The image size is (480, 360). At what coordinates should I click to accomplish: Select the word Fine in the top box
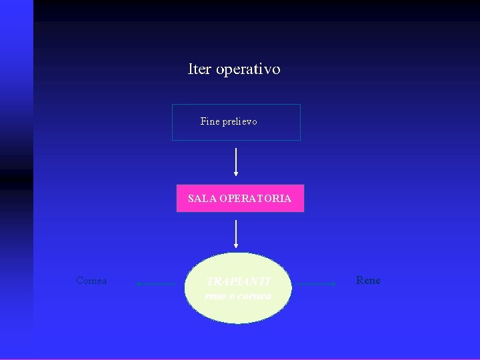tap(209, 121)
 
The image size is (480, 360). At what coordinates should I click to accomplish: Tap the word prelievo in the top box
tap(239, 121)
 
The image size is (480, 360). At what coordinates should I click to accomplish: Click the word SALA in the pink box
tap(199, 199)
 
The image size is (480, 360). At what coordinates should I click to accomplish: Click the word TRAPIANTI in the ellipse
tap(238, 282)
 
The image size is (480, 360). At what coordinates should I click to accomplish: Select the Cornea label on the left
tap(91, 281)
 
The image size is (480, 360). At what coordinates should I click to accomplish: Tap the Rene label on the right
tap(368, 281)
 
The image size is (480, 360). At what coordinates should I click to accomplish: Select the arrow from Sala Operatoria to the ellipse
tap(236, 233)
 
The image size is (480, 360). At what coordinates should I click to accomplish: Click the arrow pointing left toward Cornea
tap(157, 284)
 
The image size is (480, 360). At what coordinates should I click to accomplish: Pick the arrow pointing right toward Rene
tap(316, 284)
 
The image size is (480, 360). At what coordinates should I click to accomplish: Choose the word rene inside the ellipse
tap(215, 295)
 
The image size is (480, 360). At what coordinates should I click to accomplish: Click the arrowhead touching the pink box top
tap(236, 173)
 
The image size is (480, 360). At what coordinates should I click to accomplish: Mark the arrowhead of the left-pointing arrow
tap(139, 284)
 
